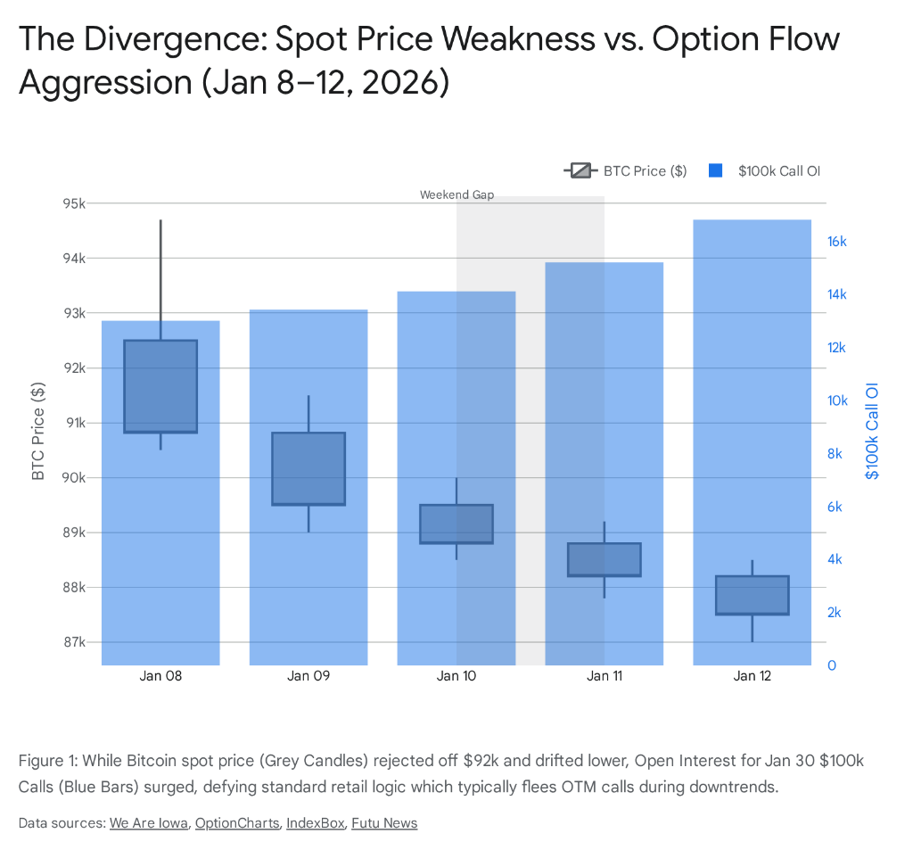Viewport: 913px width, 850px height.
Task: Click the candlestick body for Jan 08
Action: [160, 386]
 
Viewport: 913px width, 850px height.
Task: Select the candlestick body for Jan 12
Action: [753, 595]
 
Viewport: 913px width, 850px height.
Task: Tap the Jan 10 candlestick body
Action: [456, 524]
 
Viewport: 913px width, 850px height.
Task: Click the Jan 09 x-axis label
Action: [308, 676]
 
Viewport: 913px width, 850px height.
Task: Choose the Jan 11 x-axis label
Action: [605, 676]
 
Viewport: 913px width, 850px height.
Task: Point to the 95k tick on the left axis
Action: [72, 203]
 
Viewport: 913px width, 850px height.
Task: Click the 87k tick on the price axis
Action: [72, 642]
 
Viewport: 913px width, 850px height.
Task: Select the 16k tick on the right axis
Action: [836, 242]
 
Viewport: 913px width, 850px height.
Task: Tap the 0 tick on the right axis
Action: [831, 665]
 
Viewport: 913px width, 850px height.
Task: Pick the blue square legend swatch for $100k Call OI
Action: [714, 171]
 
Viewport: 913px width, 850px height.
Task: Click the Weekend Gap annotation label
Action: [456, 194]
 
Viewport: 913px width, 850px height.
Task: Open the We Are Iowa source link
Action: [148, 823]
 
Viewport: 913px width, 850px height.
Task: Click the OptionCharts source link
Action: [236, 823]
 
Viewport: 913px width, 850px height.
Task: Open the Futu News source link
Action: [384, 823]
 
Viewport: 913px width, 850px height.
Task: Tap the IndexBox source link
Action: [315, 823]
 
